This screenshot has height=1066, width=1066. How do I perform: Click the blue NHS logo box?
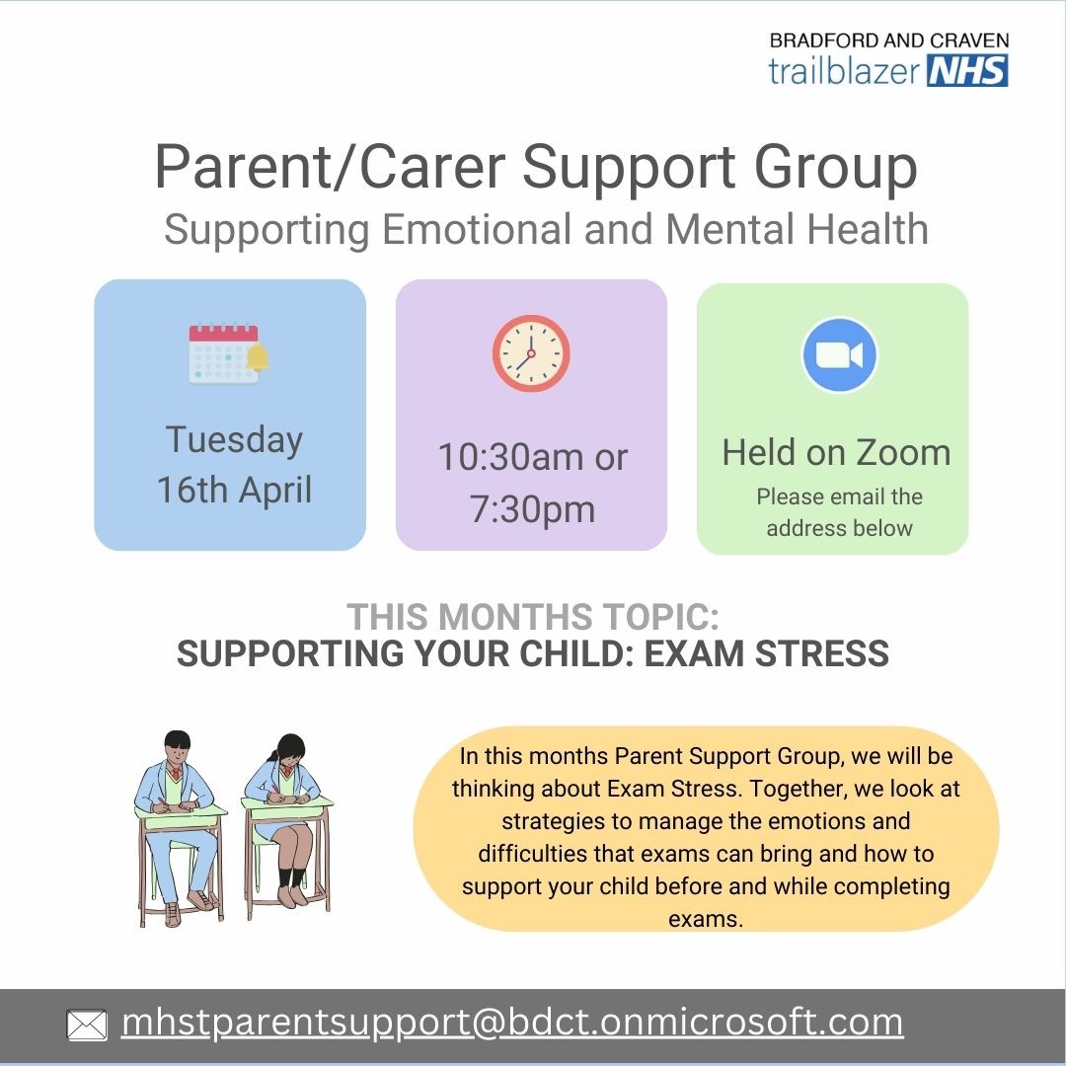967,70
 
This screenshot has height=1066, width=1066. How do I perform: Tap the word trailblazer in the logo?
846,70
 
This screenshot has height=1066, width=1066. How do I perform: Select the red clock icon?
531,353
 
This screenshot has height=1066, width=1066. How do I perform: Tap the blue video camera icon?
840,354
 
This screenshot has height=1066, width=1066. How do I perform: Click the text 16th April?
235,491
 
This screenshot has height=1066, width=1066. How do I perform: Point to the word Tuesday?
235,440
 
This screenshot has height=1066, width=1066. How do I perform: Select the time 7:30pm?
532,509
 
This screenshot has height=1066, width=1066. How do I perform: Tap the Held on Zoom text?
836,452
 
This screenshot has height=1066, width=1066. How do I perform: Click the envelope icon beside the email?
87,1026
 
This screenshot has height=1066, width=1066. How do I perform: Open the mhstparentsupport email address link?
511,1023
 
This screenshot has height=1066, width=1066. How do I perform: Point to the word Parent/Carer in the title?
331,169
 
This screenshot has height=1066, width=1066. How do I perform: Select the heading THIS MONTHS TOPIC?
533,618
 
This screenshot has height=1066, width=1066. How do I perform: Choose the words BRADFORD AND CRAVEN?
888,41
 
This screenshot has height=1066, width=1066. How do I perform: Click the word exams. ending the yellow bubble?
705,919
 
